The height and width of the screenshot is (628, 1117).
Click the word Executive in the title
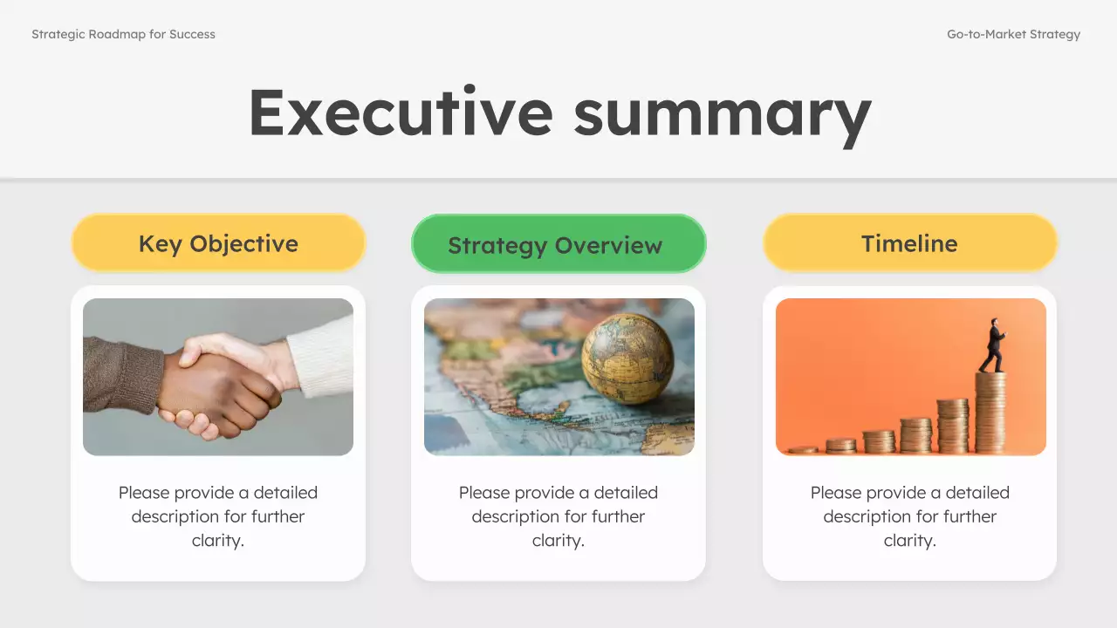[x=401, y=112]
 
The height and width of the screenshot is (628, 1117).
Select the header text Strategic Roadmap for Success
[x=123, y=35]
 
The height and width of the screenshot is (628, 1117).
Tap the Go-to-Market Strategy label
[x=1013, y=35]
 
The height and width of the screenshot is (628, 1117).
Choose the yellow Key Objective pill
[x=218, y=243]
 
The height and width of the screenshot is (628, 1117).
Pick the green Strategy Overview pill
[x=558, y=244]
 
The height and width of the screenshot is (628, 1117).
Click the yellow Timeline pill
[x=909, y=243]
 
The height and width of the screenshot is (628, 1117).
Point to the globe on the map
[x=627, y=358]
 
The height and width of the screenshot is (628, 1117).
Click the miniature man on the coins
[x=993, y=345]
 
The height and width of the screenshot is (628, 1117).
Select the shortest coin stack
[x=803, y=450]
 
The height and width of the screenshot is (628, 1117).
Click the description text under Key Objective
[x=218, y=516]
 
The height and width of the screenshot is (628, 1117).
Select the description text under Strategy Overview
[x=558, y=516]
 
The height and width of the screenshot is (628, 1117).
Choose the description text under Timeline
[x=909, y=516]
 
